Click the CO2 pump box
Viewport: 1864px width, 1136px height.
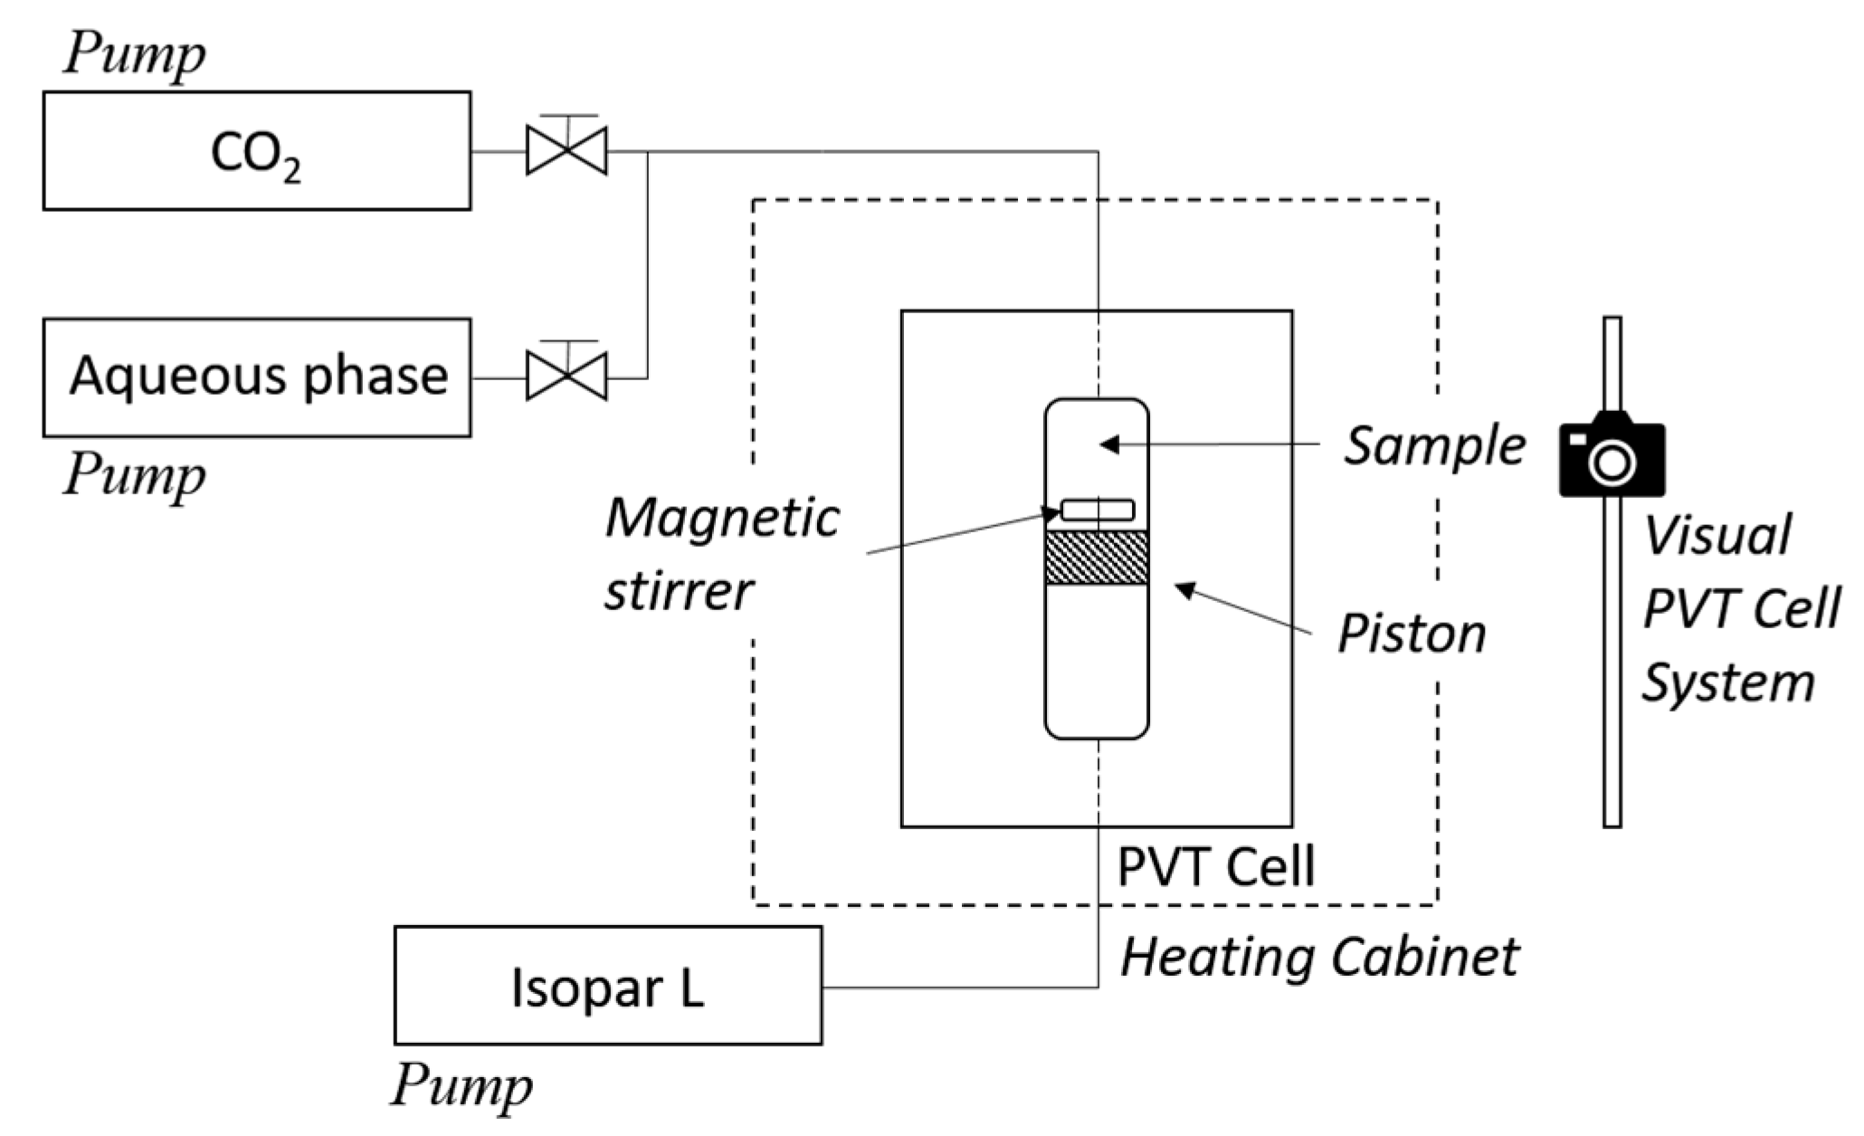[x=256, y=151]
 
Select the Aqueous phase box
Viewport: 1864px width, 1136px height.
[x=256, y=377]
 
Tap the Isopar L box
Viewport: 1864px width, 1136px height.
[x=607, y=986]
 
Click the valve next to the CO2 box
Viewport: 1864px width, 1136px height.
[x=566, y=150]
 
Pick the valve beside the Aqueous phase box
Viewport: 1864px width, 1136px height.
[x=566, y=376]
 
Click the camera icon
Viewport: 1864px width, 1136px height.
[x=1612, y=454]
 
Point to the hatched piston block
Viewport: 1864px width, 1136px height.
[x=1097, y=558]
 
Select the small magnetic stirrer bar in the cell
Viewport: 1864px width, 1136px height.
[x=1097, y=510]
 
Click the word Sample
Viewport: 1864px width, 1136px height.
[x=1434, y=446]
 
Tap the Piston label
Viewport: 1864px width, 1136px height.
[x=1412, y=633]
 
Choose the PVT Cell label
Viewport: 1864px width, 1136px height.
[x=1215, y=866]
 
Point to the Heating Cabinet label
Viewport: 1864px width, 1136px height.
[x=1319, y=957]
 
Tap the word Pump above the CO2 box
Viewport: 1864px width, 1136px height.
[x=134, y=54]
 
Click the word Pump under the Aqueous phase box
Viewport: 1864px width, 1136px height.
[x=134, y=473]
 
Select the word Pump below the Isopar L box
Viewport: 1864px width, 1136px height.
[x=461, y=1083]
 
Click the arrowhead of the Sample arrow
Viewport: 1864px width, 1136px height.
[x=1108, y=444]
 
